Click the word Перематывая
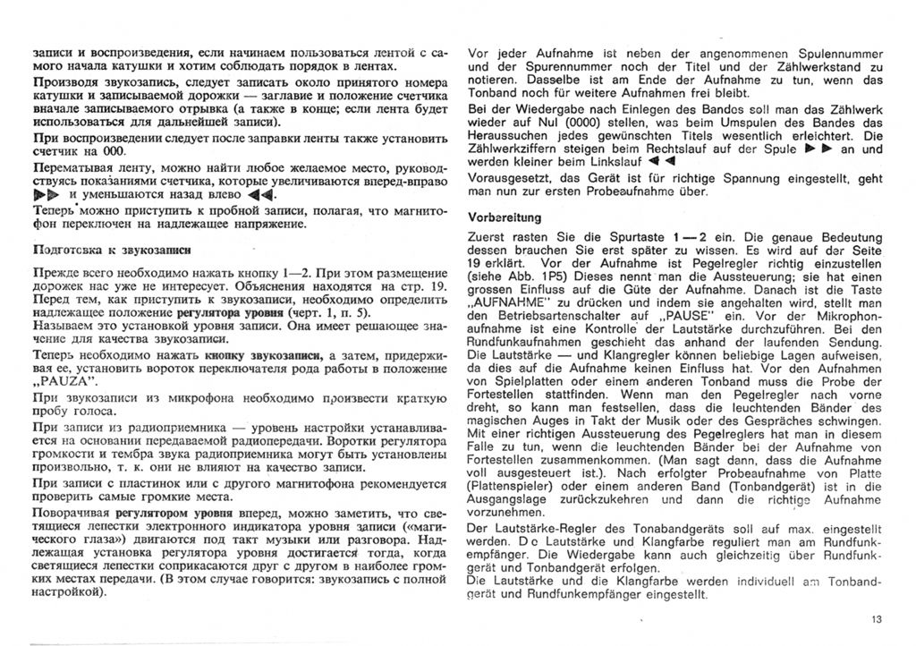pyautogui.click(x=66, y=167)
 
